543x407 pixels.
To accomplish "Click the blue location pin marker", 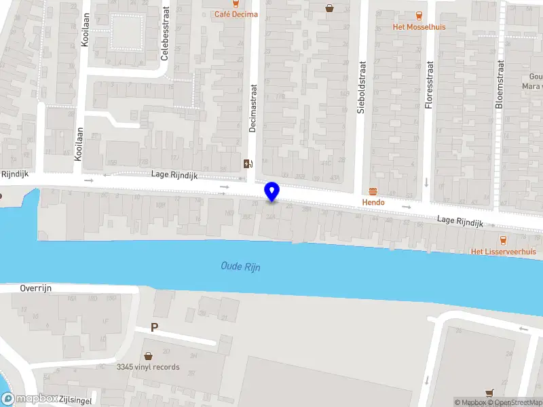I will point(272,191).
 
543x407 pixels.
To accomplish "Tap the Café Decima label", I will point(236,14).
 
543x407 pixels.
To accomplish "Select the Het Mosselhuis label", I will point(418,27).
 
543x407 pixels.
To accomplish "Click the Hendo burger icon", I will point(373,192).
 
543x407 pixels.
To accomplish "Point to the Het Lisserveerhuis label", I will point(504,252).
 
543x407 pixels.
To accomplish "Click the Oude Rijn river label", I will point(240,267).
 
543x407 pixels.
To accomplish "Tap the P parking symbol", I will point(154,328).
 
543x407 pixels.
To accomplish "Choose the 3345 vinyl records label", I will point(148,367).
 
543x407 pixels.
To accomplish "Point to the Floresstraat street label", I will point(428,85).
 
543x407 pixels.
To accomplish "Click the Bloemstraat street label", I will point(500,85).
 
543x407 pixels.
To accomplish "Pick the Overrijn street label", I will point(35,288).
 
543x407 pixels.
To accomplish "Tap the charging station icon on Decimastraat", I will point(248,163).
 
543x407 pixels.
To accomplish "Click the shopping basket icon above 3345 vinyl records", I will point(148,355).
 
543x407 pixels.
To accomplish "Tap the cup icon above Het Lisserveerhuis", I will point(503,239).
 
